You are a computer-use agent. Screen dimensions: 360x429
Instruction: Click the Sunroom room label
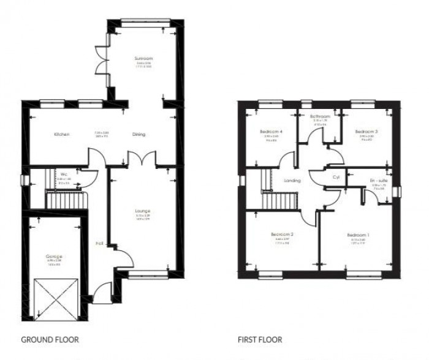(x=143, y=58)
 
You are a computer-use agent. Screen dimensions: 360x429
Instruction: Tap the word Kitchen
(x=61, y=134)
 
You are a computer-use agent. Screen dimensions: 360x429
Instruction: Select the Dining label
(x=139, y=134)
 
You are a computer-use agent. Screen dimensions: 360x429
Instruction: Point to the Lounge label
(x=142, y=211)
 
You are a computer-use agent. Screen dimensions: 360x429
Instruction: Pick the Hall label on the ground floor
(x=99, y=243)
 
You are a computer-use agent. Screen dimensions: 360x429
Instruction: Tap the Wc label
(x=63, y=174)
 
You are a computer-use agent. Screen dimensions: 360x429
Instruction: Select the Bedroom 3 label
(x=366, y=132)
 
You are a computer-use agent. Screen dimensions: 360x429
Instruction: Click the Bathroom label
(x=320, y=116)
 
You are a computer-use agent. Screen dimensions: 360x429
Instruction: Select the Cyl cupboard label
(x=336, y=178)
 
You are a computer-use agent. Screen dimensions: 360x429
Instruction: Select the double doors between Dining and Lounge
(x=142, y=158)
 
